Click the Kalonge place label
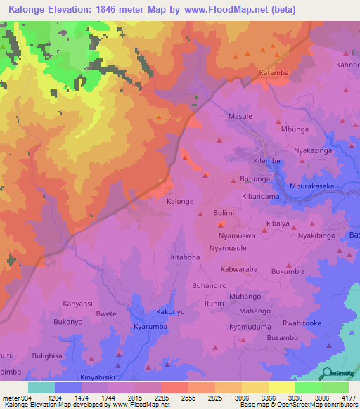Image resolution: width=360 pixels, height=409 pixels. [179, 201]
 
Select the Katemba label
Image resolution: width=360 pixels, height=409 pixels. [274, 73]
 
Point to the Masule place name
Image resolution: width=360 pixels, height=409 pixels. [240, 116]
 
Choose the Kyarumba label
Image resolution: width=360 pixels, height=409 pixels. [149, 327]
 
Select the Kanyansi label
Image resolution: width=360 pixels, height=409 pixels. [77, 304]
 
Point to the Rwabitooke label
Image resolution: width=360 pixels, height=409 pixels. [302, 323]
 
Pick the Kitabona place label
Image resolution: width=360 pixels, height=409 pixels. [186, 257]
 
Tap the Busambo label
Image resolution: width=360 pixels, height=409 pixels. [263, 338]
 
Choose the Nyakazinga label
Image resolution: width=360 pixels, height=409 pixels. [311, 150]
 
